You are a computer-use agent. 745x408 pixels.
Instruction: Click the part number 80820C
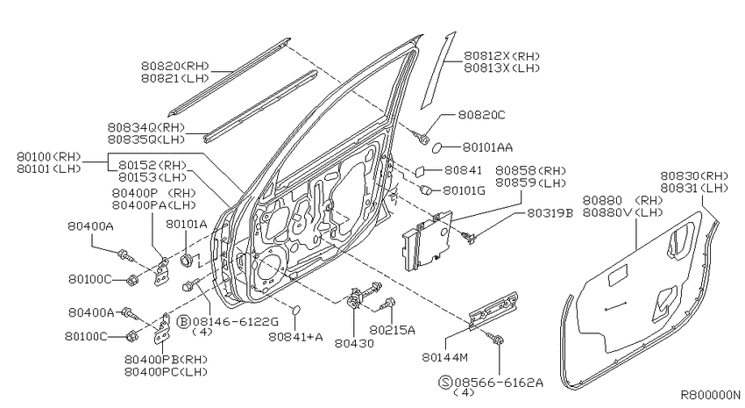click(481, 115)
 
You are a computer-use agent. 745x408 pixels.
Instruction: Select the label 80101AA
click(487, 148)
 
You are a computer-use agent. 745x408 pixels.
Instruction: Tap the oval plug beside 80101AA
click(437, 149)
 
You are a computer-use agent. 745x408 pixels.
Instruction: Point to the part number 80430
click(354, 343)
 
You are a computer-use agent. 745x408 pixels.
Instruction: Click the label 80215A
click(392, 330)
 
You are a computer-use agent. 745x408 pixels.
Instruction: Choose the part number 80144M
click(444, 357)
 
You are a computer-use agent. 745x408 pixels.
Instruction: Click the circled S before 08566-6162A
click(444, 382)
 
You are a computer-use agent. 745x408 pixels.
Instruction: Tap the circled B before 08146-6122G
click(183, 322)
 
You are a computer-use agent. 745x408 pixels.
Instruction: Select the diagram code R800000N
click(710, 395)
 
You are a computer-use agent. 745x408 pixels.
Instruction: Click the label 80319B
click(550, 213)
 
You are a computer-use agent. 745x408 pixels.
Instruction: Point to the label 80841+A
click(295, 337)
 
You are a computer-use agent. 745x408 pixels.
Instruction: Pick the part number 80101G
click(464, 190)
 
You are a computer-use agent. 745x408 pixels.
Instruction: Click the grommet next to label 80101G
click(426, 190)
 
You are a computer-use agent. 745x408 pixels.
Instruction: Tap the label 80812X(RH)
click(501, 56)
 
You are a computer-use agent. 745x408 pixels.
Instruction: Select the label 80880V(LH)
click(622, 212)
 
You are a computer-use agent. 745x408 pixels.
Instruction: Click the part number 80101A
click(186, 224)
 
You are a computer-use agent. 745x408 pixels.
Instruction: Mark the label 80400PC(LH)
click(166, 372)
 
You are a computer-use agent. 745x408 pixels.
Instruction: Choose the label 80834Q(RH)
click(145, 127)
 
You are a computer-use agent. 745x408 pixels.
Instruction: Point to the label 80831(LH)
click(693, 188)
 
